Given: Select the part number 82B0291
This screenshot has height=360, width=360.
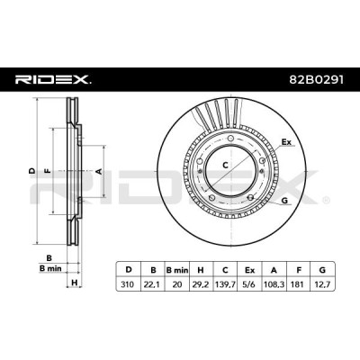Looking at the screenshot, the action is click(317, 80).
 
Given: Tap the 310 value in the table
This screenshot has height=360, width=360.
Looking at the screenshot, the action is click(129, 283).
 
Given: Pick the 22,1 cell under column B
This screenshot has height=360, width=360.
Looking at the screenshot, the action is click(153, 284).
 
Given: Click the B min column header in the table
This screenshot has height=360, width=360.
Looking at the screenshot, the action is click(177, 270).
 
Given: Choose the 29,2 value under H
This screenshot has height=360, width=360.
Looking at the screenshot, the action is click(202, 284).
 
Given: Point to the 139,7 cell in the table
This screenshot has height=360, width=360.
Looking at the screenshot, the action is click(225, 284).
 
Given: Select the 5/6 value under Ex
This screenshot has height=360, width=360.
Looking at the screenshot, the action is click(249, 283).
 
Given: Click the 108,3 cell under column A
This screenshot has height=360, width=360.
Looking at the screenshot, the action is click(274, 284).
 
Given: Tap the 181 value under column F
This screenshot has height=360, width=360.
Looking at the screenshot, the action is click(299, 283).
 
